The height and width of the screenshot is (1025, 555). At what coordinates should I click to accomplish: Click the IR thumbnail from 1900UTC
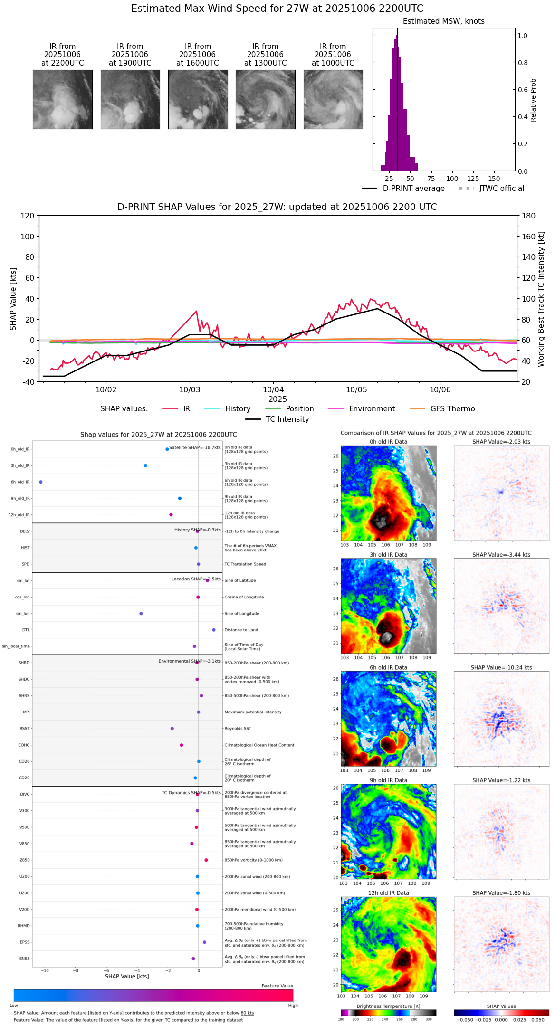tap(130, 99)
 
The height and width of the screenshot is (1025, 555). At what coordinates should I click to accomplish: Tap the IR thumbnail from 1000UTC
tap(333, 99)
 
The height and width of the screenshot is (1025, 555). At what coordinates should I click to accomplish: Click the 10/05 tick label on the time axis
tap(356, 390)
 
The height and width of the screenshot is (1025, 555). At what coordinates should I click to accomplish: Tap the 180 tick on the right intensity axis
tap(529, 216)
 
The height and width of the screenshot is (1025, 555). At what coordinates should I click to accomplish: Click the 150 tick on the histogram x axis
tap(494, 179)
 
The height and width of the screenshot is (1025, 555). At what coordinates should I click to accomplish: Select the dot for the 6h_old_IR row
tap(41, 482)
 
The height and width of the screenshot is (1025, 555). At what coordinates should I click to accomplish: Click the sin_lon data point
tap(141, 613)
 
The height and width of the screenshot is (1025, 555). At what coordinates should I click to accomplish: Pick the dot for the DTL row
tap(214, 630)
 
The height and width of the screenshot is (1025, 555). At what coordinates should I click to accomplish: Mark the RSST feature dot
tap(172, 728)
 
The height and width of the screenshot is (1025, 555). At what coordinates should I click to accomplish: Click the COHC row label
tap(24, 745)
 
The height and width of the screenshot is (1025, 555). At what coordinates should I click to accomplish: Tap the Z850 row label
tap(24, 860)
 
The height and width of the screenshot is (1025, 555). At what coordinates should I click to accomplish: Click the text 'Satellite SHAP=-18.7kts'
tap(195, 447)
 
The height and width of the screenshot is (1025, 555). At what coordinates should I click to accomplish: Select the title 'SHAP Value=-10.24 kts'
tap(501, 667)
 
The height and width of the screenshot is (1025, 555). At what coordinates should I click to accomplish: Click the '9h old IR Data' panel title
tap(388, 780)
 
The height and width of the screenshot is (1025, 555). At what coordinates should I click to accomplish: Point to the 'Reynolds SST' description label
tap(238, 728)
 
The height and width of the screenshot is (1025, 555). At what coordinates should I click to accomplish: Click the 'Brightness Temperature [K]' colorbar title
tap(388, 1006)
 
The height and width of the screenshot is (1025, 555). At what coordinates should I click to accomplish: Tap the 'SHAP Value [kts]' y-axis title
tap(13, 299)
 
